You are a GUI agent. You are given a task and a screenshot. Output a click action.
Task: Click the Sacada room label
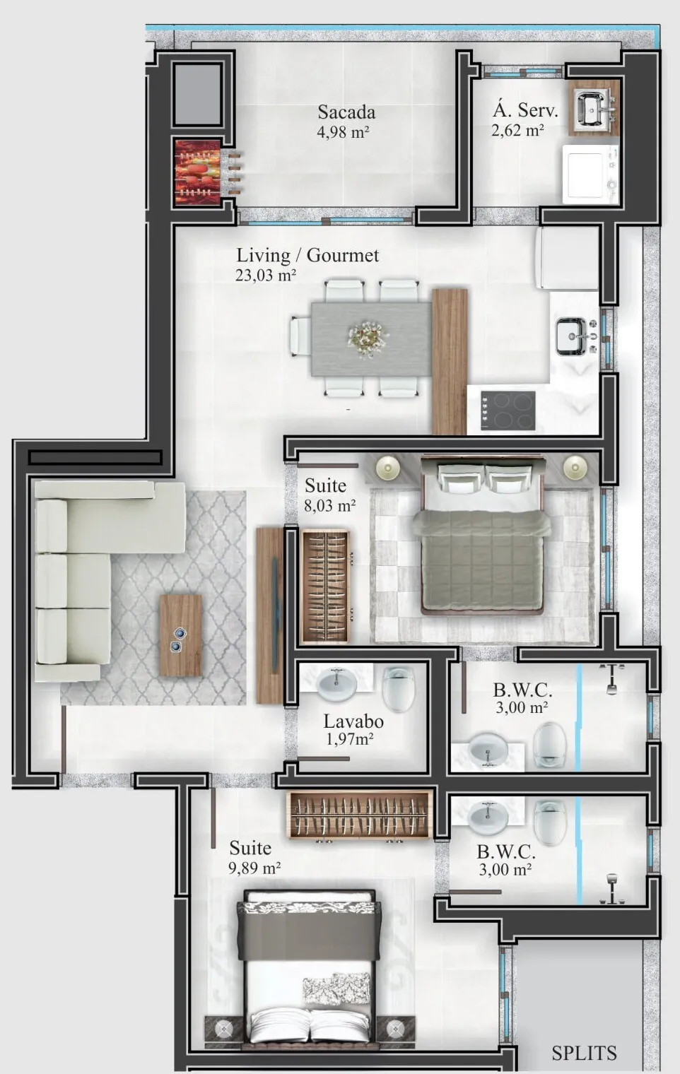[x=346, y=112]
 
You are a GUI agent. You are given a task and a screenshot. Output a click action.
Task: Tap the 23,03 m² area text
[x=266, y=276]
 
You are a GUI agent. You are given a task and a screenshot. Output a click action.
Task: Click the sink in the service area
[x=593, y=108]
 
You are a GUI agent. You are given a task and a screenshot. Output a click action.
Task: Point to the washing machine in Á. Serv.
[x=590, y=175]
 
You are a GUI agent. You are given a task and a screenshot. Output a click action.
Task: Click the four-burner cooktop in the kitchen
[x=508, y=411]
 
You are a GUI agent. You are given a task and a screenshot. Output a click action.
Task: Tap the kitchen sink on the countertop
[x=575, y=336]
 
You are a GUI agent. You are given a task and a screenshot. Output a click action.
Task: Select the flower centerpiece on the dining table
[x=368, y=338]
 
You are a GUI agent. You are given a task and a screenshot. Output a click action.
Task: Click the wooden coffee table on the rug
[x=180, y=636]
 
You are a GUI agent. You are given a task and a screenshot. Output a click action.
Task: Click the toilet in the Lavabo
[x=398, y=688]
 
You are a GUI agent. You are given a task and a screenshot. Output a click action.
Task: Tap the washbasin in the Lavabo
[x=336, y=684]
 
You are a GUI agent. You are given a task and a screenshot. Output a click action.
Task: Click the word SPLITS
[x=584, y=1054]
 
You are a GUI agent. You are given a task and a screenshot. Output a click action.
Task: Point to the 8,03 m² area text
[x=330, y=505]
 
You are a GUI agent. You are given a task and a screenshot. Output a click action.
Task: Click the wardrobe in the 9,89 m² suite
[x=360, y=815]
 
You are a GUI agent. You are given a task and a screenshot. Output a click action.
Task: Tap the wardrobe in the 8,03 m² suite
[x=325, y=586]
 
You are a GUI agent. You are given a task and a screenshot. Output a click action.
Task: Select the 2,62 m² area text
[x=517, y=130]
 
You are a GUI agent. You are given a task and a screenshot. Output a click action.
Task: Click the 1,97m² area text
[x=350, y=739]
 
